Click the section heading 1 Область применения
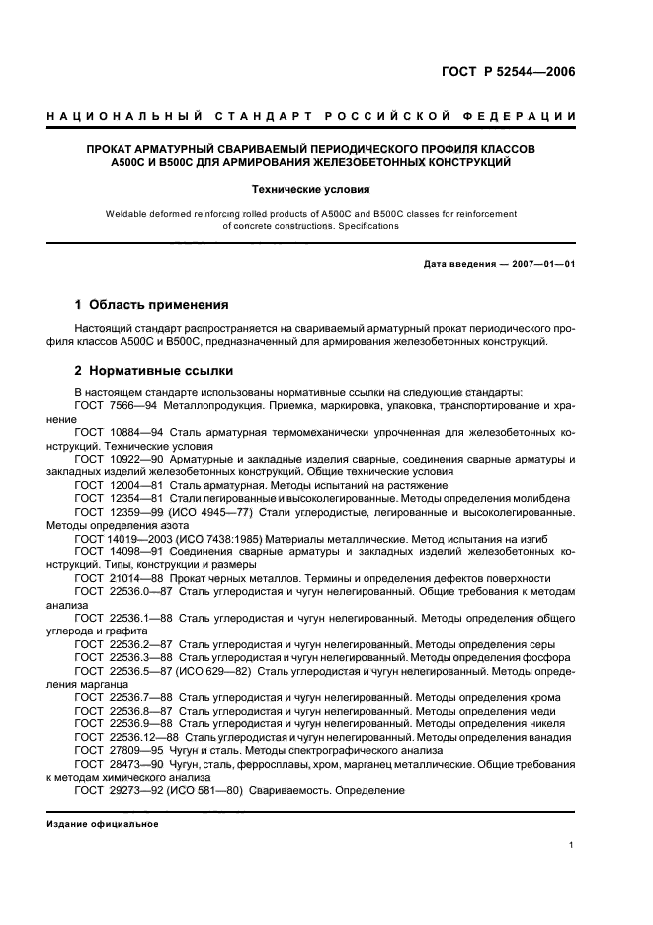[x=152, y=304]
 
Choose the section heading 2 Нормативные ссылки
[x=154, y=371]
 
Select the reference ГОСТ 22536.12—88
[x=126, y=736]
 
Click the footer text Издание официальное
[x=104, y=823]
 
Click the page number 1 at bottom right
[x=571, y=845]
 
